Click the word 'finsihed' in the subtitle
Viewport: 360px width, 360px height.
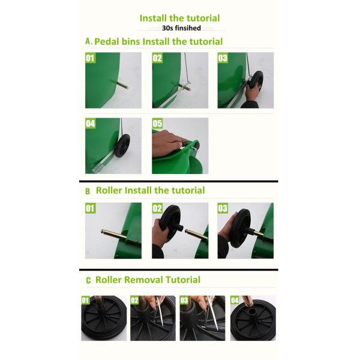coord(188,28)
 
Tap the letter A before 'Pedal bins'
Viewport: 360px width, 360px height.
coord(88,41)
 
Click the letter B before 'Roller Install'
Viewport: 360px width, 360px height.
coord(88,191)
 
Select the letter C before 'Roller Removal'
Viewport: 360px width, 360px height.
coord(88,280)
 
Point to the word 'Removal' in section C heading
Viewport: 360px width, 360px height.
coord(144,280)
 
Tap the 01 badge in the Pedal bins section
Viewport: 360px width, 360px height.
coord(90,58)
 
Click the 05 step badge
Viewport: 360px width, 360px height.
coord(157,123)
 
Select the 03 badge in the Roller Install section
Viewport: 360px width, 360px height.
coord(223,208)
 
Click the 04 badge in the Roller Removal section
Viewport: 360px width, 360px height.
coord(235,300)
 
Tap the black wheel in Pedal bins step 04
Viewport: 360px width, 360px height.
coord(122,146)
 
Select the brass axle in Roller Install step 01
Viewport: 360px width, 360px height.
coord(113,234)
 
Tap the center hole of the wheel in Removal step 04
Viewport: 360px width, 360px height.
coord(253,311)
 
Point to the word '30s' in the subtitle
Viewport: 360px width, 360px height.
coord(167,28)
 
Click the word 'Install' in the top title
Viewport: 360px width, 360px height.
coord(153,18)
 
